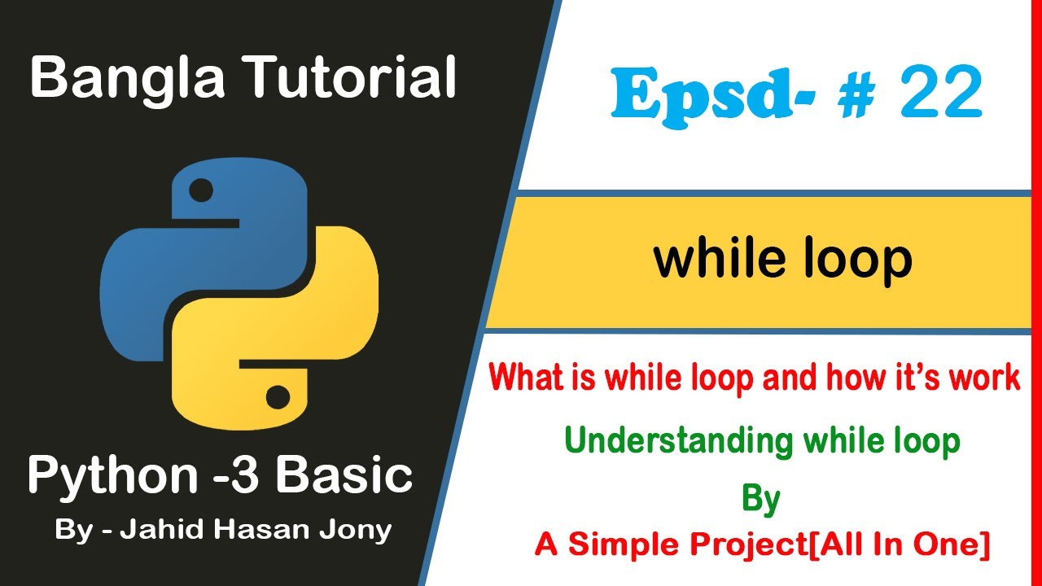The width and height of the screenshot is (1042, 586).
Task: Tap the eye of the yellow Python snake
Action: (x=278, y=398)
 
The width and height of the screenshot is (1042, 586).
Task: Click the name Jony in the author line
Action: (x=357, y=531)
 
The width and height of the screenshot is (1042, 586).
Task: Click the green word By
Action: (x=761, y=499)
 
